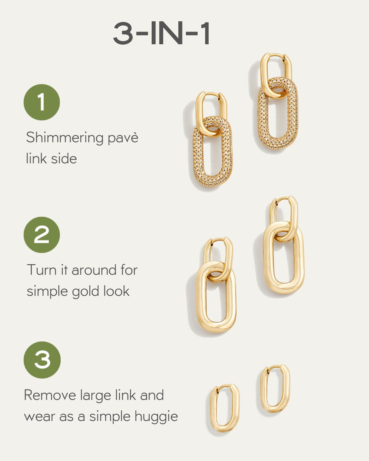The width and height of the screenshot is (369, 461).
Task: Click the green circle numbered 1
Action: coord(41,102)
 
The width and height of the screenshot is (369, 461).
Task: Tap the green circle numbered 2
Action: coord(41,235)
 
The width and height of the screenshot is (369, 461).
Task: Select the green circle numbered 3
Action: coord(42,360)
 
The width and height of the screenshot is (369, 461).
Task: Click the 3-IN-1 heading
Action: coord(162,34)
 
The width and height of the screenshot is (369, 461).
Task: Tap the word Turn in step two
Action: coord(40,270)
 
